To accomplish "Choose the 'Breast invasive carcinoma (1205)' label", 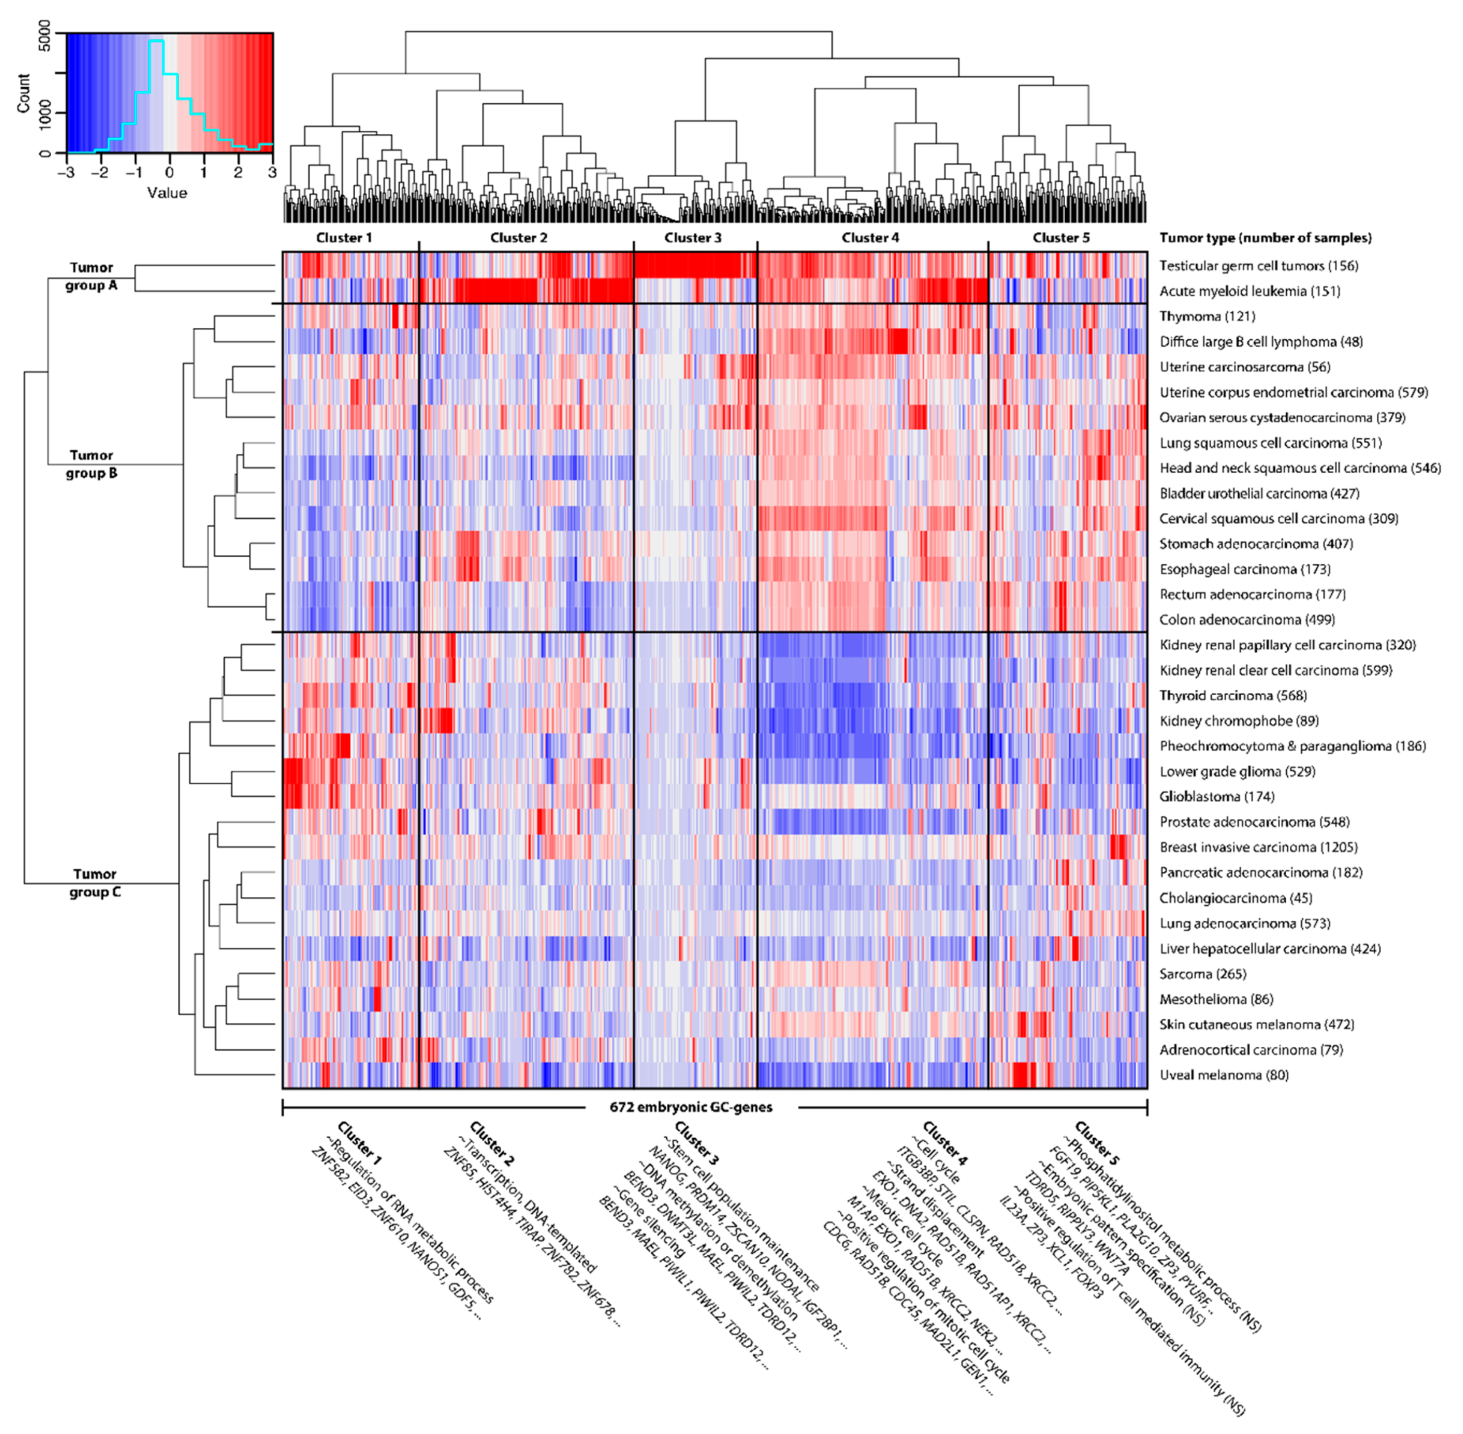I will [x=1258, y=847].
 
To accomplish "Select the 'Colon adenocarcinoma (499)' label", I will [x=1247, y=620].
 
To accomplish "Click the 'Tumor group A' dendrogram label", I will [x=91, y=276].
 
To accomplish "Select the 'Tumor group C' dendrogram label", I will [x=95, y=883].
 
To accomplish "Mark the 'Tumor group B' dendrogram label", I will [x=91, y=464].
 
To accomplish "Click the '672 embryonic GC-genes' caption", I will [x=691, y=1107].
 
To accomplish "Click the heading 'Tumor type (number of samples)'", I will [x=1265, y=238].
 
